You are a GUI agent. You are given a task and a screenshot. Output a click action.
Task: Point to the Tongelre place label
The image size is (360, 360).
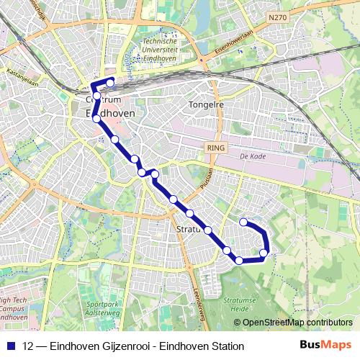click(x=206, y=104)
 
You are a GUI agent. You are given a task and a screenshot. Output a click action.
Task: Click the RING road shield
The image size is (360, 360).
click(x=215, y=147)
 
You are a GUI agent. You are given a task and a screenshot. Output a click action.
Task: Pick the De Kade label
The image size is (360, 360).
click(x=253, y=155)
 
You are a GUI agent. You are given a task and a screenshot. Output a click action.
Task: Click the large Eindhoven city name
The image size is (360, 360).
click(x=114, y=114)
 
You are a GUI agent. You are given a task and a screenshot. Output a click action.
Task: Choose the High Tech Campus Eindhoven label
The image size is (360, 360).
click(x=14, y=309)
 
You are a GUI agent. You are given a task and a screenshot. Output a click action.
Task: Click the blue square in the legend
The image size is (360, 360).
click(x=11, y=346)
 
